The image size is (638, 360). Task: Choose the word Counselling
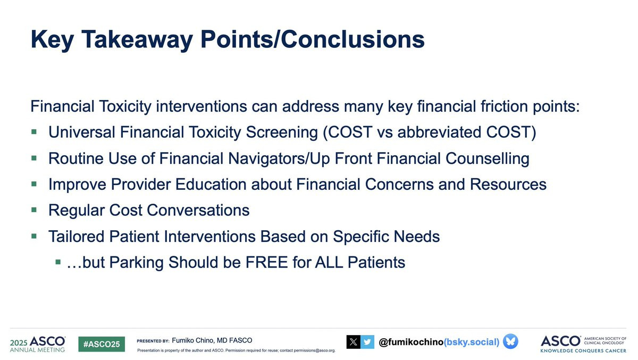488,158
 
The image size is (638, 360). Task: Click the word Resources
508,185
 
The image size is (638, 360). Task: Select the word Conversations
198,210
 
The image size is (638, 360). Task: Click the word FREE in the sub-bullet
266,262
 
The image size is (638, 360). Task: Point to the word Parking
137,263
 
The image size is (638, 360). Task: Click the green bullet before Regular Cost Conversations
34,210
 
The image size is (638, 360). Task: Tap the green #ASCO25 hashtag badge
102,344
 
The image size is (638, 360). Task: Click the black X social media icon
353,342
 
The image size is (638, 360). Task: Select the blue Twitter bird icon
367,342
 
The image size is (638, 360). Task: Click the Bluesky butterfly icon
510,341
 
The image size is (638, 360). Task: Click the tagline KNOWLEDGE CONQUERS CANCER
583,351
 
